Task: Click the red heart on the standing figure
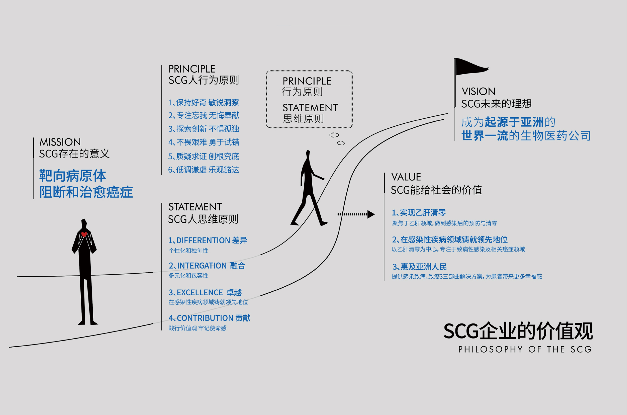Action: click(84, 234)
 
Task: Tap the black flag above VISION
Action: click(471, 67)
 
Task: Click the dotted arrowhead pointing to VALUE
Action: click(371, 214)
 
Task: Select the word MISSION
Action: click(60, 142)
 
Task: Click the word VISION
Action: click(478, 92)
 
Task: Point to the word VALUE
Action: click(406, 177)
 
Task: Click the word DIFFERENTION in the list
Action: click(203, 240)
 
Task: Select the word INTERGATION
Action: click(202, 265)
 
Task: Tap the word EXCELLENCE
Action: click(200, 292)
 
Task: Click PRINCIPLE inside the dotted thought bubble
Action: click(307, 81)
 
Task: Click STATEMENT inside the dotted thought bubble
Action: click(310, 108)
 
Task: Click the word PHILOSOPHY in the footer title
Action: click(490, 349)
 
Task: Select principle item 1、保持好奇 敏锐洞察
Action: click(204, 102)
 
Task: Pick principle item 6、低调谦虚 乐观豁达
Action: click(204, 170)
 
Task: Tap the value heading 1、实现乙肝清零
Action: click(419, 212)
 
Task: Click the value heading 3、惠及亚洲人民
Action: click(420, 267)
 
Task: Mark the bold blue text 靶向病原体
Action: click(73, 176)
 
